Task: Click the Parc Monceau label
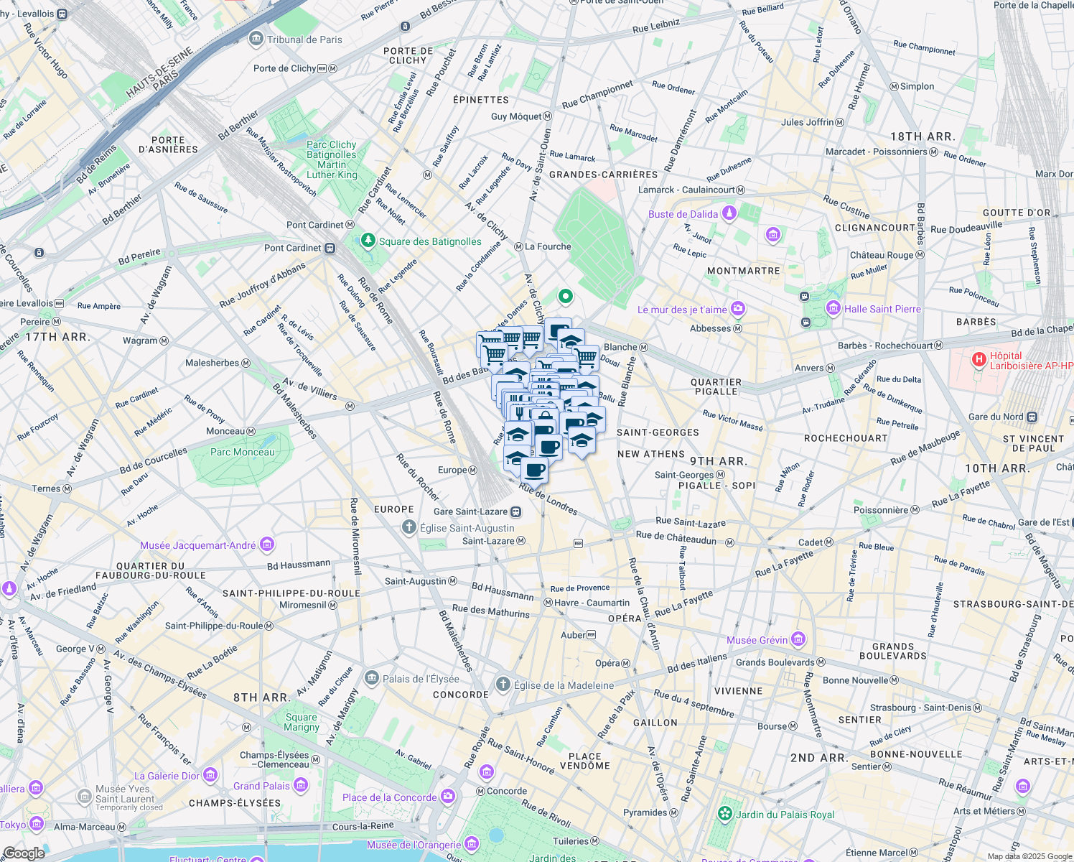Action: [x=242, y=452]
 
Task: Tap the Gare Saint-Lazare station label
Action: [x=470, y=511]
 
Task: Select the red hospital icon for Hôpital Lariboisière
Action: [x=979, y=360]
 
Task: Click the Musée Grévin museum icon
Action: [x=798, y=639]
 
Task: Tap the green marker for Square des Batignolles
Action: [x=368, y=241]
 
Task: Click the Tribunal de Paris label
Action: [x=304, y=40]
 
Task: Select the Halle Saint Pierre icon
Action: [x=833, y=309]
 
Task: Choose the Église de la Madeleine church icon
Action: [x=503, y=685]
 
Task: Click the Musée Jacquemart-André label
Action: [x=197, y=545]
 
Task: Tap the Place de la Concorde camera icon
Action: [x=448, y=797]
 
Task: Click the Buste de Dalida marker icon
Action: [x=729, y=213]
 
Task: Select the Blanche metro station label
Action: [x=620, y=347]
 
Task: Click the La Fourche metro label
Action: [x=548, y=246]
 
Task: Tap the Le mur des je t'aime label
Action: [x=682, y=310]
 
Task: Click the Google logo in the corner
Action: [x=24, y=853]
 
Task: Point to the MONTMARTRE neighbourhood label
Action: [x=743, y=271]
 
